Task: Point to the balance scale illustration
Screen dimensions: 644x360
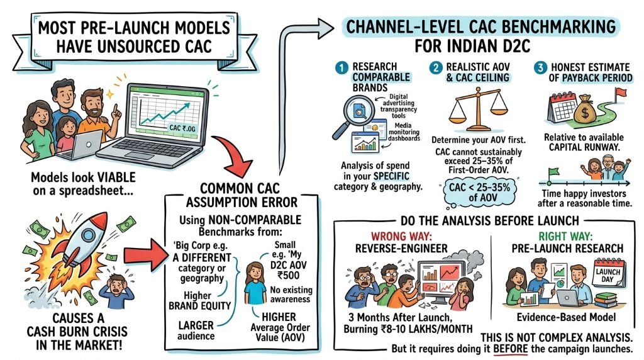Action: [x=478, y=110]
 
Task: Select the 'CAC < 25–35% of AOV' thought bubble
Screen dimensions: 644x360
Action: [x=479, y=193]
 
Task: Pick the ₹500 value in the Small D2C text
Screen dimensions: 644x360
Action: [x=288, y=275]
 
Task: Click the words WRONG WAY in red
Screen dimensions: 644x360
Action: [x=401, y=237]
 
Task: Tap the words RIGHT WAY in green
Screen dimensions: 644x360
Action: [x=565, y=236]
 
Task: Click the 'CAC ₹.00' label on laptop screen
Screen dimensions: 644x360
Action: [x=182, y=128]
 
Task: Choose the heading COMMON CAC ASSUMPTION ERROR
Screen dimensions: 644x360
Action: [x=241, y=196]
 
